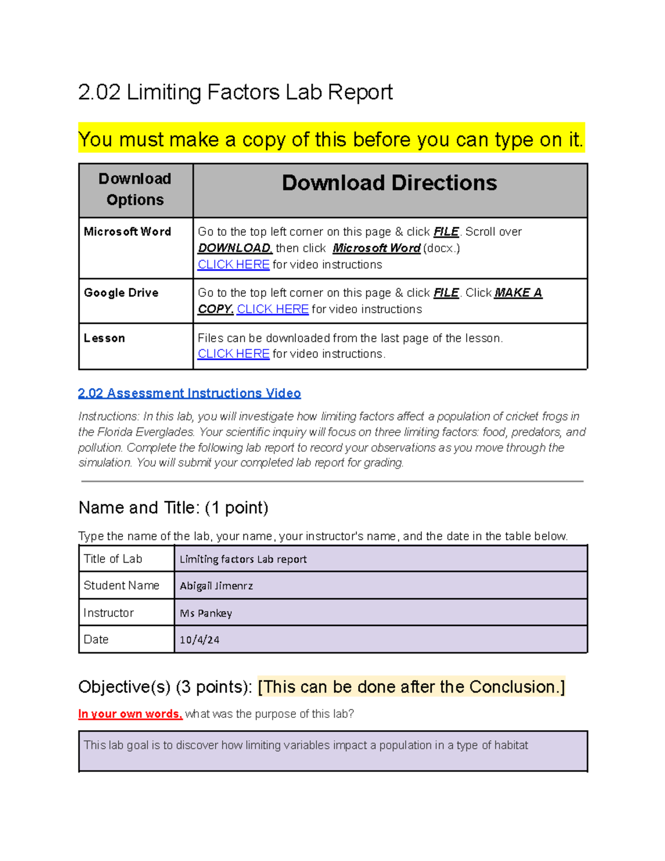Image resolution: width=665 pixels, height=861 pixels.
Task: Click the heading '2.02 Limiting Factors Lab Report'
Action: point(235,92)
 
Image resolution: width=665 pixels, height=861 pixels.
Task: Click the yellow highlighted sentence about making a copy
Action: point(331,140)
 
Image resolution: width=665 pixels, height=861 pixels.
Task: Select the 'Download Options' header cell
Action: point(135,190)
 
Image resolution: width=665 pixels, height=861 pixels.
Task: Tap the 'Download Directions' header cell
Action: point(389,184)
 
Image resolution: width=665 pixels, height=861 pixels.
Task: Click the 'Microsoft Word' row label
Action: point(127,232)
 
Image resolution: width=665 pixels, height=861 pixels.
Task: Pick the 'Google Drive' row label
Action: point(121,293)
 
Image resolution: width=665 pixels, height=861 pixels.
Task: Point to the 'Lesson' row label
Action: point(104,338)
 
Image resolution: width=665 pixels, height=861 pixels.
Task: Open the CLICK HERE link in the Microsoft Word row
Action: point(233,265)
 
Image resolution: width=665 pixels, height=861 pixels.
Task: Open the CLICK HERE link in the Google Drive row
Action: point(272,309)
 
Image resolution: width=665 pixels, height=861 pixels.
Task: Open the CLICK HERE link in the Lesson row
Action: point(233,354)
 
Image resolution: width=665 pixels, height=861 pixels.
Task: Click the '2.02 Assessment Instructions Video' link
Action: point(190,393)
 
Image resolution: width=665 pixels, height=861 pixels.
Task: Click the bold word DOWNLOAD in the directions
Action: point(234,248)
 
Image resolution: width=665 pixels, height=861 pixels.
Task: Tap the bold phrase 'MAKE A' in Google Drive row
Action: point(518,293)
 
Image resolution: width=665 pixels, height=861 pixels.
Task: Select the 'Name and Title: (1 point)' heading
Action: point(173,507)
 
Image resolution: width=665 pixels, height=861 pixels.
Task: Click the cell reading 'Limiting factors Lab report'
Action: point(243,559)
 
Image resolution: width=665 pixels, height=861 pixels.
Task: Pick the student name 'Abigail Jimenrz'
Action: point(216,586)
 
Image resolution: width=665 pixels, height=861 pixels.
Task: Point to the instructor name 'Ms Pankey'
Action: point(206,613)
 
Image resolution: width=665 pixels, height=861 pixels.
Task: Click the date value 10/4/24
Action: point(199,640)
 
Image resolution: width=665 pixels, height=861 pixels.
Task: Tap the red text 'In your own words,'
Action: point(130,714)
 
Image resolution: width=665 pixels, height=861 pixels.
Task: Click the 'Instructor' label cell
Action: point(109,613)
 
